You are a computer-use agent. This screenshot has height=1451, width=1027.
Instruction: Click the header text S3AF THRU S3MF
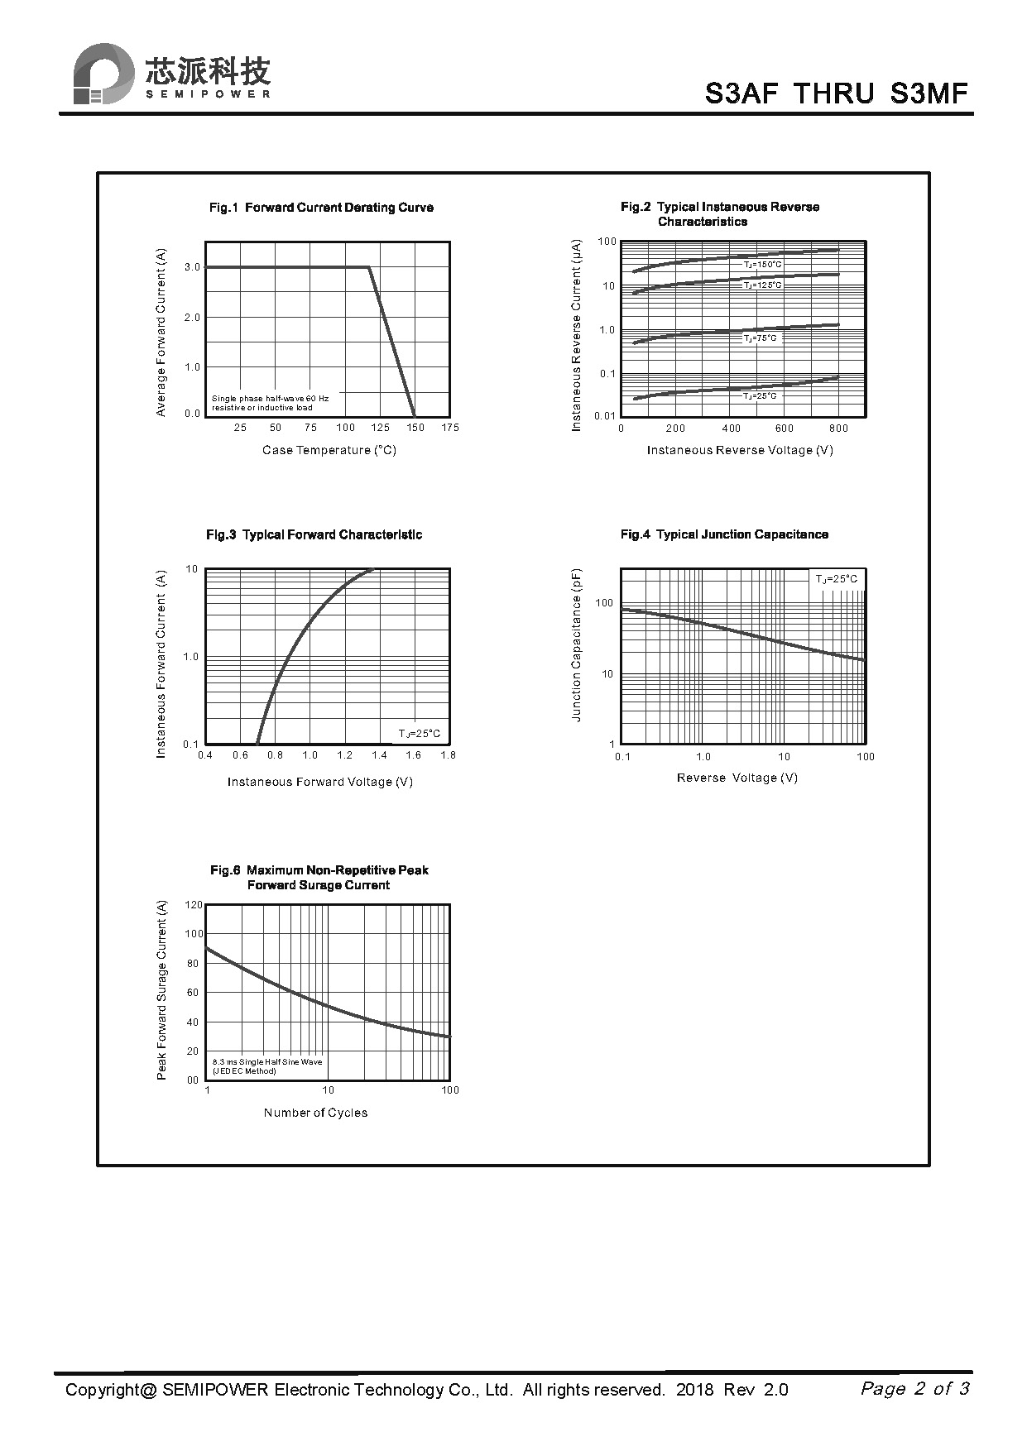[836, 93]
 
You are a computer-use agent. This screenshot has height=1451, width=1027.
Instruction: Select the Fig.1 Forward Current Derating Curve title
[321, 208]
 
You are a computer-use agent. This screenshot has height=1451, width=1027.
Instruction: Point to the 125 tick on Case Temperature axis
[380, 428]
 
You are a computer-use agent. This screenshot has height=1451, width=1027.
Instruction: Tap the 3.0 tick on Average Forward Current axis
[193, 267]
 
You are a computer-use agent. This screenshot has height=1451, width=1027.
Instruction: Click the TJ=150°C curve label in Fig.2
[762, 265]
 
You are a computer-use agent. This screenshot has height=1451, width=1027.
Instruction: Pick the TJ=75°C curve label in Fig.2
[760, 338]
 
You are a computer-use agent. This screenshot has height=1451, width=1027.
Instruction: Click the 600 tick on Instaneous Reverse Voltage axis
[784, 429]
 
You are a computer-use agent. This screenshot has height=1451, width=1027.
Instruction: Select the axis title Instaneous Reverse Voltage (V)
[740, 450]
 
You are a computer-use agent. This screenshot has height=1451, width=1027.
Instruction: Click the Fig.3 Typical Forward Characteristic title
[314, 535]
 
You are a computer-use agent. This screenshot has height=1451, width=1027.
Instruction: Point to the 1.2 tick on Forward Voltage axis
[344, 755]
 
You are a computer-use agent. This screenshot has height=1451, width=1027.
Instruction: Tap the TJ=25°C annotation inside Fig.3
[420, 734]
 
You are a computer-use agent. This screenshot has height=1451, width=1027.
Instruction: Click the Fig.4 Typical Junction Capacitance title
[724, 535]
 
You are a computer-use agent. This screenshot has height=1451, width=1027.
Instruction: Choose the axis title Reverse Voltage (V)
[737, 778]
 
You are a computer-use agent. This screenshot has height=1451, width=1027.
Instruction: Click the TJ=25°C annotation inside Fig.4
[837, 579]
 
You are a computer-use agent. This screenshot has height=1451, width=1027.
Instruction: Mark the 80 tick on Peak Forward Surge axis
[193, 964]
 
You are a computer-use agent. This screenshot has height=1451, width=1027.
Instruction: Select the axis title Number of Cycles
[315, 1113]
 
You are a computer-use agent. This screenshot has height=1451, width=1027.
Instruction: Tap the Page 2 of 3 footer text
[914, 1388]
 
